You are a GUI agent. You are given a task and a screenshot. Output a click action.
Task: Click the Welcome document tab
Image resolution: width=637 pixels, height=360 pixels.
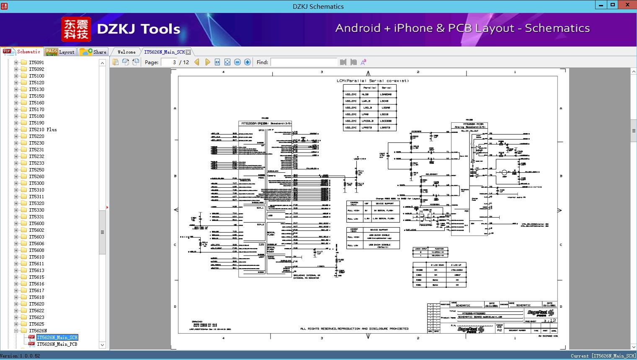tap(126, 52)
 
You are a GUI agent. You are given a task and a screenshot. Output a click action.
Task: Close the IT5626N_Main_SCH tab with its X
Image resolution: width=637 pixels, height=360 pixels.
tap(188, 52)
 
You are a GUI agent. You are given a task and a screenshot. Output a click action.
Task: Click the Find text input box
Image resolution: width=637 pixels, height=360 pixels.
tap(304, 62)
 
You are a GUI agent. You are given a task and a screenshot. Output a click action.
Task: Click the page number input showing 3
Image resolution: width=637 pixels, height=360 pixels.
tap(169, 62)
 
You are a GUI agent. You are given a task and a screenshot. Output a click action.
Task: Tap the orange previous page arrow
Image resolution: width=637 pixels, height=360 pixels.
tap(197, 62)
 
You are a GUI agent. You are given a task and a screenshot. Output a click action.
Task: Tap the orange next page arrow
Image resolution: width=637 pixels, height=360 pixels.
tap(207, 62)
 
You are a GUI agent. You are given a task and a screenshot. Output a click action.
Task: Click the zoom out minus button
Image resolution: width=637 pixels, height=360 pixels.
tap(237, 62)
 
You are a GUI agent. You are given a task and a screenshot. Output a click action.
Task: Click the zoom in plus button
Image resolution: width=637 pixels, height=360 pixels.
tap(248, 62)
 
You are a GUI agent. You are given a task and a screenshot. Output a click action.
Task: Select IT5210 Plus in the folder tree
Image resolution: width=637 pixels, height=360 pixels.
tap(43, 129)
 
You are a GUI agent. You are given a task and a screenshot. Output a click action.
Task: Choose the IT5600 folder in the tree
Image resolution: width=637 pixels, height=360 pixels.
tap(36, 223)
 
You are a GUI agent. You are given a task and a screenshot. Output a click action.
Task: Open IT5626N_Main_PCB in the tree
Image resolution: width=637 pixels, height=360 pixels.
tap(57, 344)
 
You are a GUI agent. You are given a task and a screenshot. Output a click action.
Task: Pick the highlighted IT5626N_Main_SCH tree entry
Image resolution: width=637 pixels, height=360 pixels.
tap(57, 337)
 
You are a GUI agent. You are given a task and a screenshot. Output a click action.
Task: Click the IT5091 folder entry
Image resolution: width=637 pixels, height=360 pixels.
tap(36, 62)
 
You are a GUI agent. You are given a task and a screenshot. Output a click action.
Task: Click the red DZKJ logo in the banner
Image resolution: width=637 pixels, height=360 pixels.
tap(76, 29)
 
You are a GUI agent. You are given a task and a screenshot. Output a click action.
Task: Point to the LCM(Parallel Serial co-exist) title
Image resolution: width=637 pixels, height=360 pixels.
tap(372, 80)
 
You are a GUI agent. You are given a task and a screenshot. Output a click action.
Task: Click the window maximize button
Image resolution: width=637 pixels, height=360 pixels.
tap(613, 5)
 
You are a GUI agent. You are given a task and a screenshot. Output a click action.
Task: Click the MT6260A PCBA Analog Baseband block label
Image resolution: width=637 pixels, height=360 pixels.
tap(469, 125)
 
